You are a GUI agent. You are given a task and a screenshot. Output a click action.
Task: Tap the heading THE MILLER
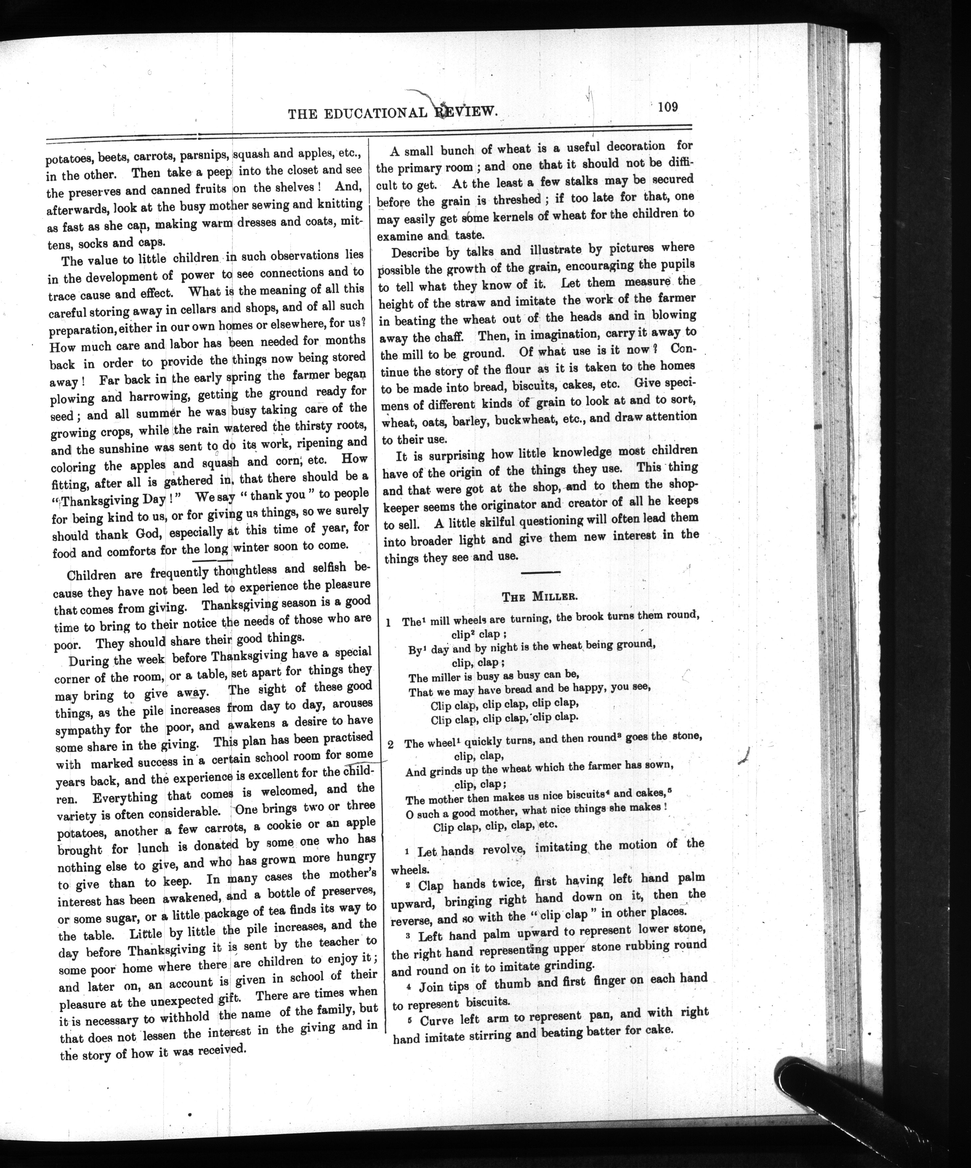click(540, 597)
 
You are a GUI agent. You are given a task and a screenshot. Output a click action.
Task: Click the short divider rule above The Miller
click(541, 572)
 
